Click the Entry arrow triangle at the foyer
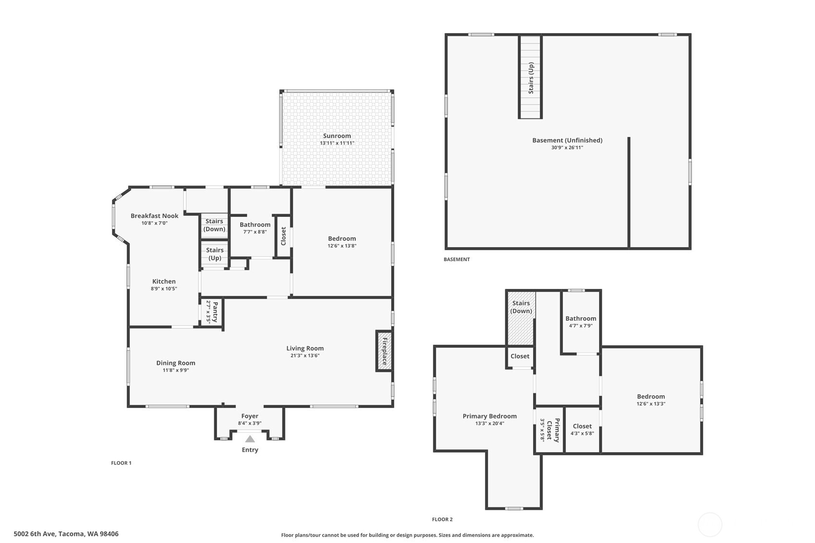click(x=250, y=439)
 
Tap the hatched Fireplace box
click(x=384, y=351)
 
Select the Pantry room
click(x=212, y=312)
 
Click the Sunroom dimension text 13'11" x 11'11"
click(x=337, y=143)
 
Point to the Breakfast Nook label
click(x=154, y=216)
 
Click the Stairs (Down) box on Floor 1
click(x=214, y=225)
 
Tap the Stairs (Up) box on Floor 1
click(x=214, y=254)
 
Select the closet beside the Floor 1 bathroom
click(x=283, y=236)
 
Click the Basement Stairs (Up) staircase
click(x=531, y=77)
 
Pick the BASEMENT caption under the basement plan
click(x=457, y=259)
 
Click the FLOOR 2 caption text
click(x=442, y=519)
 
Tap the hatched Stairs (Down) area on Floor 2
click(x=521, y=318)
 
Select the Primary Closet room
click(x=549, y=430)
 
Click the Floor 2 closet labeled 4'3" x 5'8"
click(x=582, y=430)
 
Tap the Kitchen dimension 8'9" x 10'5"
click(x=164, y=289)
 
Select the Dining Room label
click(x=176, y=363)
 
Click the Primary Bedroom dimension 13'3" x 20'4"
click(x=489, y=423)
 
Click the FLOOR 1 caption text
click(x=121, y=463)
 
